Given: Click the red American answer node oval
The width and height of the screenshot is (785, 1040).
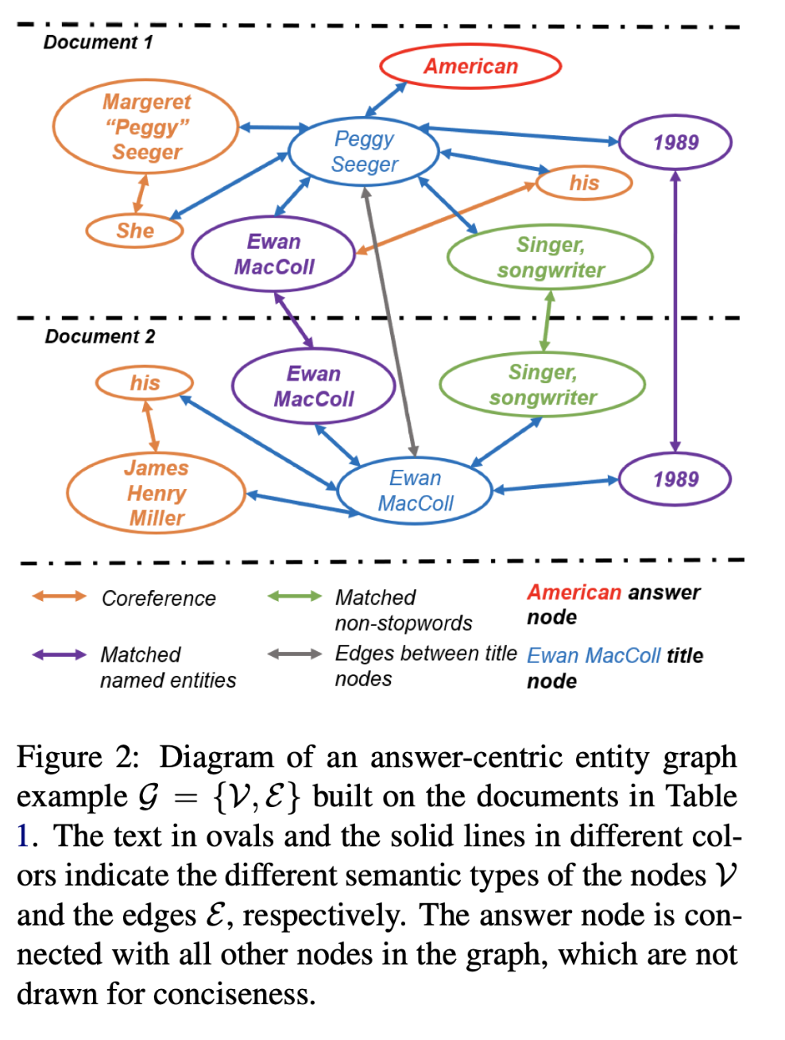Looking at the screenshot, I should (470, 67).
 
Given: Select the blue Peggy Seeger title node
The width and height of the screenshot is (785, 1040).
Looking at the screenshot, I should (364, 151).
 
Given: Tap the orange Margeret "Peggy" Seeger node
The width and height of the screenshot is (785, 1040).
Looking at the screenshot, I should (146, 127).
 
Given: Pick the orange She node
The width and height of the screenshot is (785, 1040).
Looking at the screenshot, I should (134, 231).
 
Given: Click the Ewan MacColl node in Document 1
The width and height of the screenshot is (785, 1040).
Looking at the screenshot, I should (273, 254).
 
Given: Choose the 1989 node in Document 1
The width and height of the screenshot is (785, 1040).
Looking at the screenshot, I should (675, 143).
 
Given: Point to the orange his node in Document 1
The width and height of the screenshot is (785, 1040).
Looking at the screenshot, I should (584, 183).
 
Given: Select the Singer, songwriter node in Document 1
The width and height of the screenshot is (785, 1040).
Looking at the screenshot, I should (550, 258).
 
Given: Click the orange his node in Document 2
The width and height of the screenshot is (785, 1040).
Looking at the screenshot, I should (145, 383).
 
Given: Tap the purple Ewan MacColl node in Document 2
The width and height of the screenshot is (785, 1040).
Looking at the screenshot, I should (314, 386).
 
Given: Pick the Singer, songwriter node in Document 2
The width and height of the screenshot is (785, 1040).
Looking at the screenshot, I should (543, 385).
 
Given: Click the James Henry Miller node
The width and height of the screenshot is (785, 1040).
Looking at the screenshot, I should (157, 493).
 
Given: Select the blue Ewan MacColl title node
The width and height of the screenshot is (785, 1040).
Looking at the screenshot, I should (416, 491).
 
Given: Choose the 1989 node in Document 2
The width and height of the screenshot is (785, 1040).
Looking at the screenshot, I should (675, 479).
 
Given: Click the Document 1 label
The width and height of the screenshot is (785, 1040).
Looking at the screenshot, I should (98, 42).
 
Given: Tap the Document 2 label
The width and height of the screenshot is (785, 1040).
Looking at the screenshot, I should (99, 336).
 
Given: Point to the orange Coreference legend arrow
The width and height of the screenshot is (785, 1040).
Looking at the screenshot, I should (59, 596).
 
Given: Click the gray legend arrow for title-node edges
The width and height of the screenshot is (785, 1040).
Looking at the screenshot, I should (294, 654).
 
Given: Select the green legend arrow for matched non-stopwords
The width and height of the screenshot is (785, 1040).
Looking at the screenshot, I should (294, 596).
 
